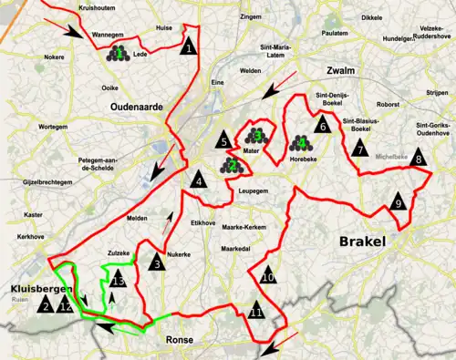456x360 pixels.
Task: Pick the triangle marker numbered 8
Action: click(x=419, y=159)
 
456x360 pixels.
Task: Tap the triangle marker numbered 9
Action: click(x=398, y=202)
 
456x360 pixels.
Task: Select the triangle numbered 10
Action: click(x=267, y=275)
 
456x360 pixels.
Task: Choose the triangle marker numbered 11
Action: click(x=257, y=313)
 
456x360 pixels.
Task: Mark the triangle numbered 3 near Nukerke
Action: click(x=157, y=263)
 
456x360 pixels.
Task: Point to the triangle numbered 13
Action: click(x=116, y=281)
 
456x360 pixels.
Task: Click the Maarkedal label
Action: click(x=236, y=247)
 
